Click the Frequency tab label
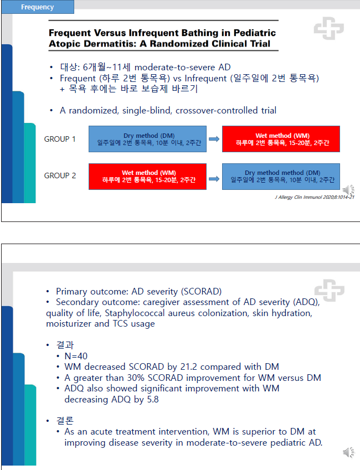tap(38, 7)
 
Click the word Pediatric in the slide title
tap(255, 32)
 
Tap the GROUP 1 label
tap(60, 139)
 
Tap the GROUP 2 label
tap(60, 175)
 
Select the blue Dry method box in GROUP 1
tap(147, 139)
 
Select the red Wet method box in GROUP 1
tap(281, 139)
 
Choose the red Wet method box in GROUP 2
tap(147, 177)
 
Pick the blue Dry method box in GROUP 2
tap(281, 177)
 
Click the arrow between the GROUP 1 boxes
tap(214, 139)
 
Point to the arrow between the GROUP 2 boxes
tap(214, 179)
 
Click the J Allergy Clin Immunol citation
tap(315, 197)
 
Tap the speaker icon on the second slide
tap(348, 452)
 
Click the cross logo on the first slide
tap(329, 28)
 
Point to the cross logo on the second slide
tap(330, 290)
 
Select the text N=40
tap(76, 356)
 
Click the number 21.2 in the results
tap(189, 366)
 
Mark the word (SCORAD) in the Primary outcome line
tap(201, 291)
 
